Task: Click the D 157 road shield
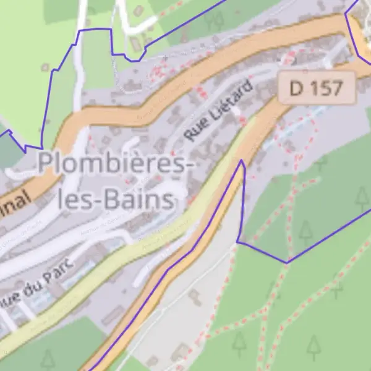(316, 88)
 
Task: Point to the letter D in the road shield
(297, 88)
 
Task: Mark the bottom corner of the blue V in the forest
(287, 263)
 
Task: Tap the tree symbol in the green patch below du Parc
(48, 359)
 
